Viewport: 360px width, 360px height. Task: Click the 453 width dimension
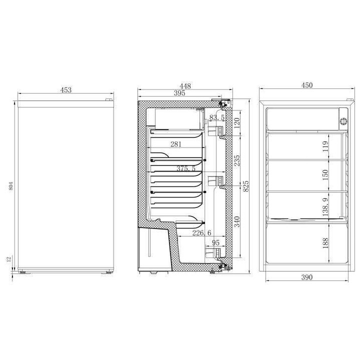pos(66,90)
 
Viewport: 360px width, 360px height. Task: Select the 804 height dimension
pos(10,187)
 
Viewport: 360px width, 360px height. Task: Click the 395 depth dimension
pos(179,93)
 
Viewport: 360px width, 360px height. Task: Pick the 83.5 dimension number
pos(217,118)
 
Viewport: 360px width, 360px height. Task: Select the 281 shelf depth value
pos(175,144)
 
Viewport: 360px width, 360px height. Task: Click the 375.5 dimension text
pos(185,169)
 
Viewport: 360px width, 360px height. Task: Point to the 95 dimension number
pos(215,243)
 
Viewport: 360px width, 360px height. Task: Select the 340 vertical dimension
pos(237,220)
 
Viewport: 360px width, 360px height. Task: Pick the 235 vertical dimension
pos(237,160)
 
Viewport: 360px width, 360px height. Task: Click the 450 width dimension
pos(307,85)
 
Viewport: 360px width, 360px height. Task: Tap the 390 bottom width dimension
pos(306,277)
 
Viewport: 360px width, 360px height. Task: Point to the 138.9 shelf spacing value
pos(325,205)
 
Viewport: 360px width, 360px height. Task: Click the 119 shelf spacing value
pos(325,146)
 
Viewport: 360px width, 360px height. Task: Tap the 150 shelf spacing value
pos(325,175)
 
